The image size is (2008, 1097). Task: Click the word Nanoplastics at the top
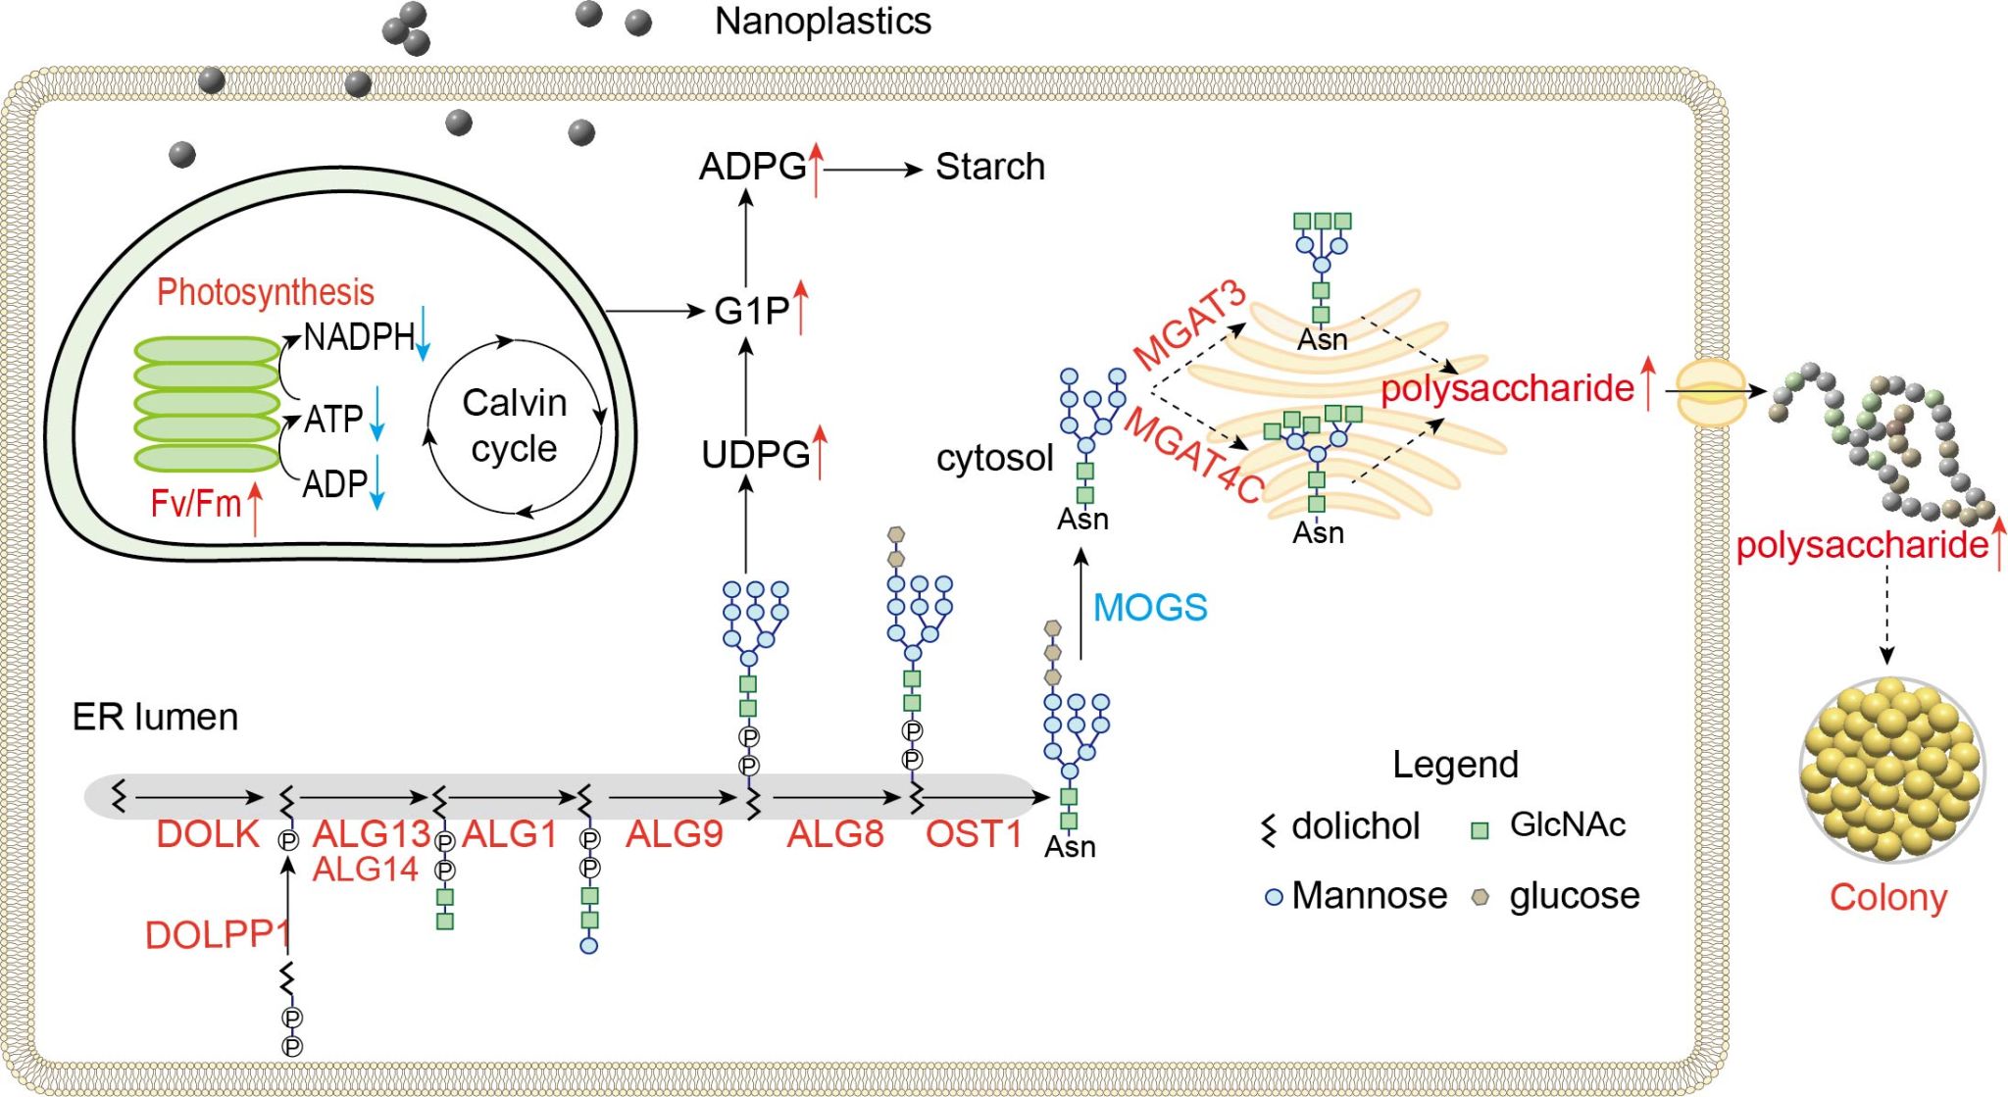[x=823, y=22]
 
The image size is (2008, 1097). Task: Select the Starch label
[x=990, y=167]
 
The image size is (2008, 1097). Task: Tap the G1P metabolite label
[x=751, y=311]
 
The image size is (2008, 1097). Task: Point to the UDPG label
[x=756, y=455]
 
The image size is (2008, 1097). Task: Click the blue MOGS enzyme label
[x=1150, y=608]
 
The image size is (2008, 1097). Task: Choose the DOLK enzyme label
[x=208, y=834]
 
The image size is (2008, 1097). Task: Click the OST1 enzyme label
[x=974, y=834]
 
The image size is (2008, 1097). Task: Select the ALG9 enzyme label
[x=675, y=834]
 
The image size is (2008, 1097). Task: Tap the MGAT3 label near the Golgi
[x=1189, y=324]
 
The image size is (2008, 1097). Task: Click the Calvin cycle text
[x=515, y=425]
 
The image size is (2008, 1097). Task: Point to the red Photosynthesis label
[x=266, y=292]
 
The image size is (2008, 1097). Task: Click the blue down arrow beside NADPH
[x=424, y=333]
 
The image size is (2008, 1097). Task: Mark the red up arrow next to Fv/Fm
[x=255, y=509]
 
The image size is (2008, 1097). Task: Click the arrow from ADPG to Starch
[x=873, y=170]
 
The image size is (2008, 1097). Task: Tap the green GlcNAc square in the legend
[x=1481, y=830]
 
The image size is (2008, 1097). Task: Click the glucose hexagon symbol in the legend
[x=1481, y=896]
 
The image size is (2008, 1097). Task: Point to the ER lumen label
[x=155, y=718]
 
